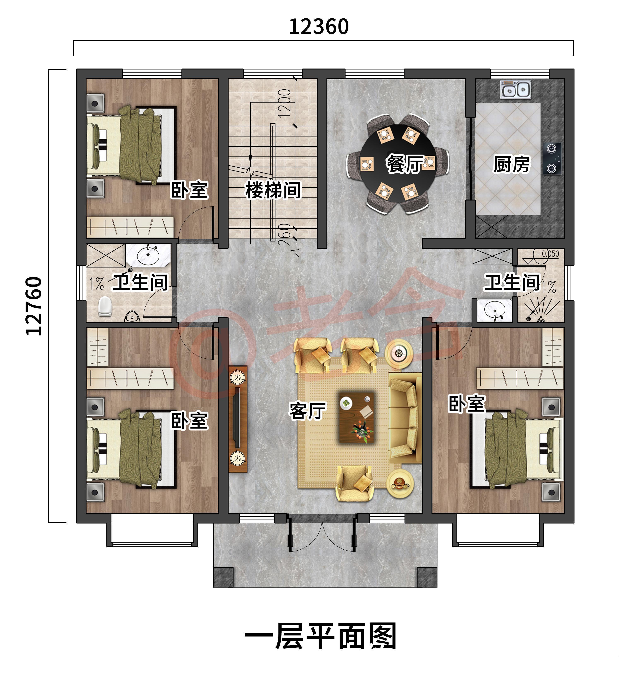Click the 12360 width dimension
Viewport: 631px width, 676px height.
pyautogui.click(x=319, y=26)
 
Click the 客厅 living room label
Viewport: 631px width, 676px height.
pyautogui.click(x=307, y=411)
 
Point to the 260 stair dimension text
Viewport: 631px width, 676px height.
pyautogui.click(x=285, y=235)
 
